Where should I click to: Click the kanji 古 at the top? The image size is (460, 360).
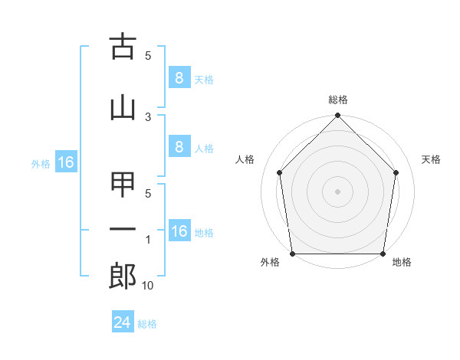point(123,47)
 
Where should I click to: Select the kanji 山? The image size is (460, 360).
point(123,106)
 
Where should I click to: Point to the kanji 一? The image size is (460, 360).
point(123,230)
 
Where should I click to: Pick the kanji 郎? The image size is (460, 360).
point(123,277)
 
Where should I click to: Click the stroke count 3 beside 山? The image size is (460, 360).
point(148,116)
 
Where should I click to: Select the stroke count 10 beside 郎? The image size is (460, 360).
point(148,286)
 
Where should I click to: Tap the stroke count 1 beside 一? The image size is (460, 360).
point(148,241)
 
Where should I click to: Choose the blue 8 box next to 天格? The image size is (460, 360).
point(178,77)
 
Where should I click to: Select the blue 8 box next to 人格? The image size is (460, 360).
point(178,147)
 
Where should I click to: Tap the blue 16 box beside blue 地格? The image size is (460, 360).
point(179,231)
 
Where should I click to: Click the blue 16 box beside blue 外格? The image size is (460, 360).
point(65,162)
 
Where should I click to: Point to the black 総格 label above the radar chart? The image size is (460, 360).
point(338,100)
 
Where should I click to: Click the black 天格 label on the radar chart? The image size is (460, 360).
point(431,159)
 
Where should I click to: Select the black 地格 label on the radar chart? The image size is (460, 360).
point(402,262)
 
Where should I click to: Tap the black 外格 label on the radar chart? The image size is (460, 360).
point(270,262)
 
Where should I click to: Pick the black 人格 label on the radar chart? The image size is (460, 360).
point(245,159)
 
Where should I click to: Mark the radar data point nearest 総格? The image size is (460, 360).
point(337,116)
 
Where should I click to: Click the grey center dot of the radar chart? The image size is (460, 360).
point(337,191)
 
